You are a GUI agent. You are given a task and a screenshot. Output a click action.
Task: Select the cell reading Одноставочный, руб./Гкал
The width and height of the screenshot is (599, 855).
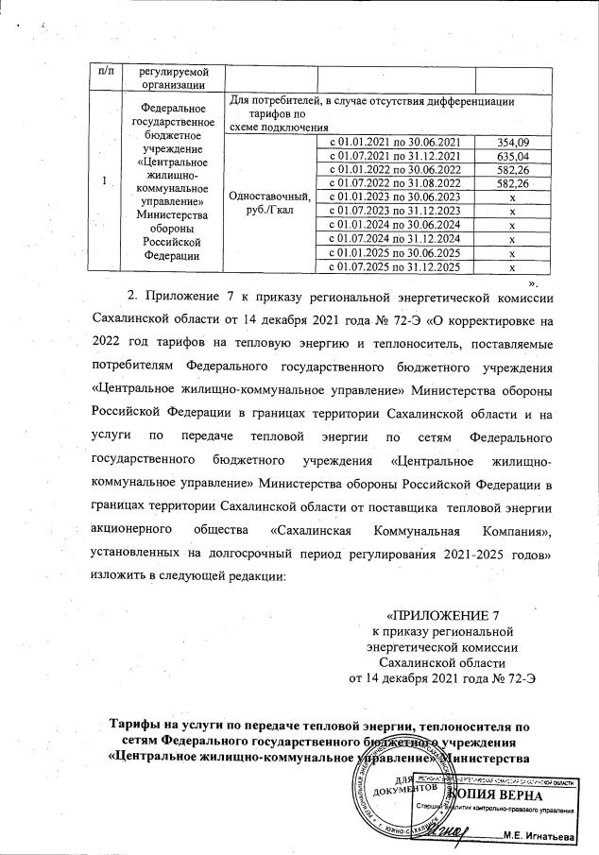(264, 203)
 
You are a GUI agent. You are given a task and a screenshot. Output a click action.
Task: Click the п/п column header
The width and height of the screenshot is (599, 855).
(101, 72)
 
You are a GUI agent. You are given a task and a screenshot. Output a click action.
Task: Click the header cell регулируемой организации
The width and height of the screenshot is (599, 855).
(173, 78)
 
